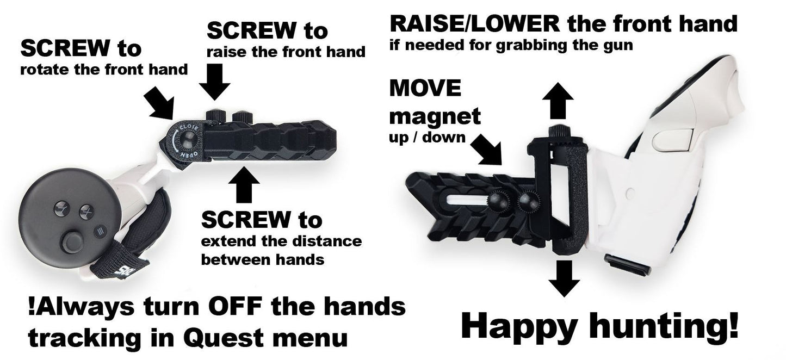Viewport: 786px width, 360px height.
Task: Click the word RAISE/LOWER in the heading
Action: [474, 24]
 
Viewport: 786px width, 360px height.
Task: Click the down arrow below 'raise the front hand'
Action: [215, 82]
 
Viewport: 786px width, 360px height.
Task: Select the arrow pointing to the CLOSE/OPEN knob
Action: [159, 102]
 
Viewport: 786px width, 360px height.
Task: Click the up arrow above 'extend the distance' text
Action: [244, 184]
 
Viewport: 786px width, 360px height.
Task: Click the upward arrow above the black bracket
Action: [558, 101]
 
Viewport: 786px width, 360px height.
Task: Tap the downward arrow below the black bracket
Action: [564, 278]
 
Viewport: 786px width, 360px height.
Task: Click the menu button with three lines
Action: [100, 231]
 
